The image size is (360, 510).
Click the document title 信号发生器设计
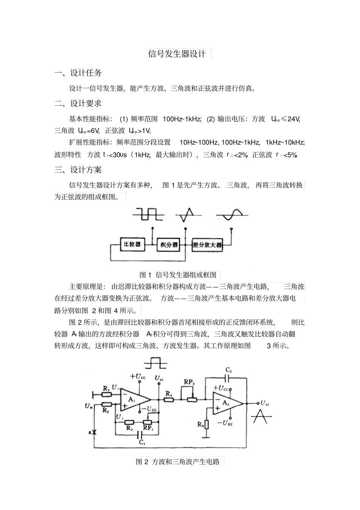pyautogui.click(x=177, y=54)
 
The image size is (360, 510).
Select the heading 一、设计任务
pyautogui.click(x=78, y=73)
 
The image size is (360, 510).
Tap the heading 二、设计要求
pyautogui.click(x=78, y=103)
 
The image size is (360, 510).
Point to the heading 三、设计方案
pyautogui.click(x=78, y=170)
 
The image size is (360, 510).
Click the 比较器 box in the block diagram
pyautogui.click(x=132, y=245)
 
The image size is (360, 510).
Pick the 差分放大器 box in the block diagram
pyautogui.click(x=207, y=245)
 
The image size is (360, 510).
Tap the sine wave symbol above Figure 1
pyautogui.click(x=232, y=215)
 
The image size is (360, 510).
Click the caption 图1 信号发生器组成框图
pyautogui.click(x=178, y=275)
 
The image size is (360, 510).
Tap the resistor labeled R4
pyautogui.click(x=169, y=400)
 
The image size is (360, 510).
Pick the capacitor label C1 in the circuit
pyautogui.click(x=141, y=443)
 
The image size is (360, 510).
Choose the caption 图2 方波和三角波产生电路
pyautogui.click(x=178, y=461)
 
